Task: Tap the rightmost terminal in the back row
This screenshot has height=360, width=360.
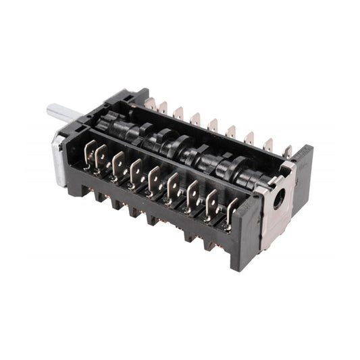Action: [287, 152]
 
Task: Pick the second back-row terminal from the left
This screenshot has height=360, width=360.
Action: [163, 107]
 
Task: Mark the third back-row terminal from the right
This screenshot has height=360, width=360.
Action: [250, 139]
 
